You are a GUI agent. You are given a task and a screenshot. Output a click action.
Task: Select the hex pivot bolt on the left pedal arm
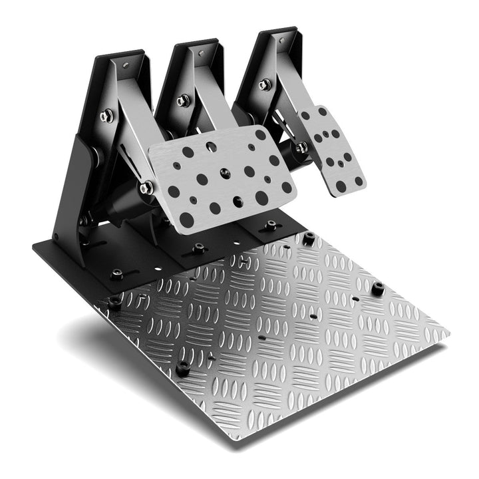(x=106, y=116)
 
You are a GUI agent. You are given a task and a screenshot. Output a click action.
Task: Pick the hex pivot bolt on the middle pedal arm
(x=183, y=100)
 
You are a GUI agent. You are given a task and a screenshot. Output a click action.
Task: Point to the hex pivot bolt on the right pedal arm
(x=265, y=84)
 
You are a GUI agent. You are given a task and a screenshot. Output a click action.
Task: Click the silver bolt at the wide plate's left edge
(x=146, y=188)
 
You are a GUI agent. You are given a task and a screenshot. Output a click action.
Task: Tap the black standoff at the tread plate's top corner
(x=309, y=238)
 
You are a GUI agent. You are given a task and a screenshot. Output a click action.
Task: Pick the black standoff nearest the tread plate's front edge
(x=182, y=367)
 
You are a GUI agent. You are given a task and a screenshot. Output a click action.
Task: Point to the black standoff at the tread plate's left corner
(x=115, y=301)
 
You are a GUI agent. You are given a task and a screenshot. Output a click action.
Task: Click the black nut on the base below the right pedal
(x=270, y=226)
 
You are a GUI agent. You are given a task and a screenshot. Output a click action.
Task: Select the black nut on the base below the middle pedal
(x=198, y=249)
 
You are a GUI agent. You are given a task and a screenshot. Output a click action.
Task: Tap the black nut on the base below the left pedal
(x=116, y=273)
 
